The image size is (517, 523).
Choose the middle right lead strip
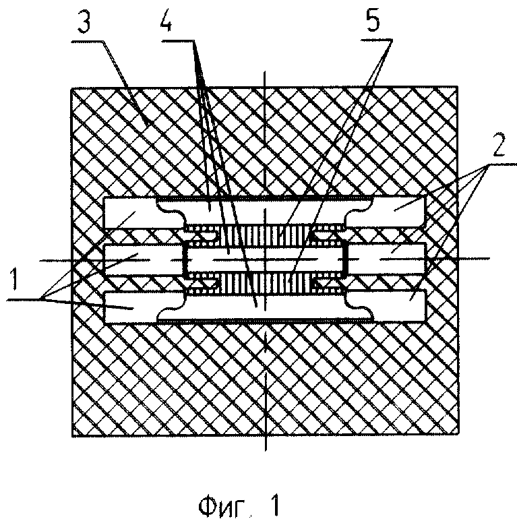coord(388,259)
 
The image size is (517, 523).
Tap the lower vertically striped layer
coord(266,284)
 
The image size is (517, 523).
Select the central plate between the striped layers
coord(266,259)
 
